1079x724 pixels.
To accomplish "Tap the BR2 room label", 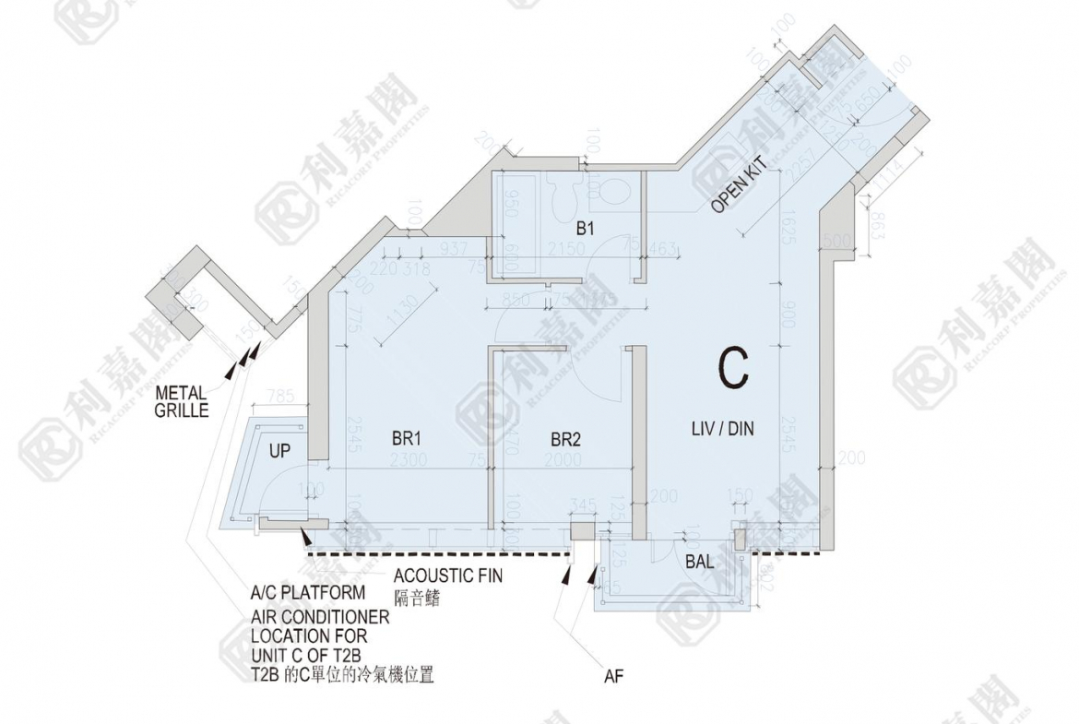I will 565,440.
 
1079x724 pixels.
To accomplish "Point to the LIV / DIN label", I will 724,428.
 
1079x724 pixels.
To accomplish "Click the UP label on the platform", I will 280,451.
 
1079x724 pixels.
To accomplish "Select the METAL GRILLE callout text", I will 182,401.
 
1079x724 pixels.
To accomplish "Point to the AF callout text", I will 614,677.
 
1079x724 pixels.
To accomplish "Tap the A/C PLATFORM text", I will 308,592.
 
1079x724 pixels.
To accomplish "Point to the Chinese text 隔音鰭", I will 417,598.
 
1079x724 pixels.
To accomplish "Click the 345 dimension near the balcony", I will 584,504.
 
